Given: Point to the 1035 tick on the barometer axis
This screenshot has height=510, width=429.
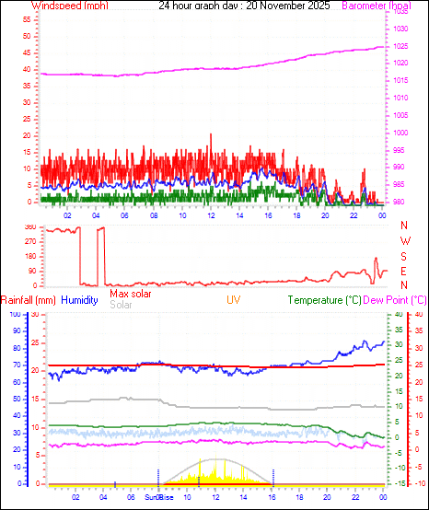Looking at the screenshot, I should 402,11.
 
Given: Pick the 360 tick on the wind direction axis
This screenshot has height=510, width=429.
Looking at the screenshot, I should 29,227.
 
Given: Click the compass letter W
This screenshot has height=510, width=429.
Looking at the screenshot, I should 405,241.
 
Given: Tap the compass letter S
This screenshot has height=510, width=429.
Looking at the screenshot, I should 405,257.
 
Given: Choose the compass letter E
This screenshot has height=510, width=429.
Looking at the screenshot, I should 405,272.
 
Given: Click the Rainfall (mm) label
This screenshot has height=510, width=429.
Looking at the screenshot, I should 29,300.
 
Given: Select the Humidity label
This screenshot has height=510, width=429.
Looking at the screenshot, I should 79,300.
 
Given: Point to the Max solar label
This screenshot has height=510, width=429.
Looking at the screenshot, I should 131,294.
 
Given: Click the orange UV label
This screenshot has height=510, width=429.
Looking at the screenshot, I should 235,300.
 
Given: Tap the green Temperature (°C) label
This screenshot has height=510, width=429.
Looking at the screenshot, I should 326,300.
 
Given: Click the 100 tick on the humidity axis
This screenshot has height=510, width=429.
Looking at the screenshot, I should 15,315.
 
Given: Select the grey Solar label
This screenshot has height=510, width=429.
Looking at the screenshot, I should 121,304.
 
